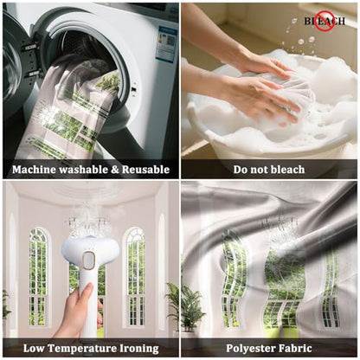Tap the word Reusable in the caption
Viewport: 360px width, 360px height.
point(145,170)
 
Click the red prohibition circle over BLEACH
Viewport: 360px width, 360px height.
point(325,21)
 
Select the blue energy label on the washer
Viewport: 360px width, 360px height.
point(166,43)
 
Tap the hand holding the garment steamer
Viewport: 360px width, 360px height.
point(76,310)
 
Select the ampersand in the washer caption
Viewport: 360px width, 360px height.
point(115,170)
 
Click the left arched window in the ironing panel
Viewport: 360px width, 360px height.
point(38,277)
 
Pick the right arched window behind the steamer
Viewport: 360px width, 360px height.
point(135,277)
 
